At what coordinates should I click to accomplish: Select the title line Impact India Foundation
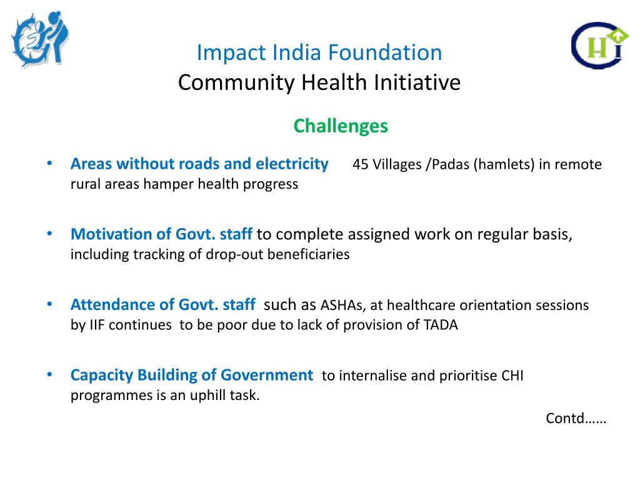(319, 52)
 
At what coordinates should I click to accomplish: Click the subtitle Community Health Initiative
(319, 82)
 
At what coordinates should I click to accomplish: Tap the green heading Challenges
(341, 126)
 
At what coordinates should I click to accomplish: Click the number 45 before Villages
(361, 165)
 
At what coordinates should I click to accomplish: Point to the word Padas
(449, 165)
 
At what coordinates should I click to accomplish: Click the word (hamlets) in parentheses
(504, 165)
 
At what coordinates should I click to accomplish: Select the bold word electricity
(292, 164)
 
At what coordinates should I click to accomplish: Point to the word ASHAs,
(344, 306)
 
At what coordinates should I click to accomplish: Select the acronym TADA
(441, 325)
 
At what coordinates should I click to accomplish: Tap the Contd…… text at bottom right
(576, 417)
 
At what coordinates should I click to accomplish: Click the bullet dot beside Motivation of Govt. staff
(49, 234)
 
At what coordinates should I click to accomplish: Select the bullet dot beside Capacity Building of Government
(49, 374)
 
